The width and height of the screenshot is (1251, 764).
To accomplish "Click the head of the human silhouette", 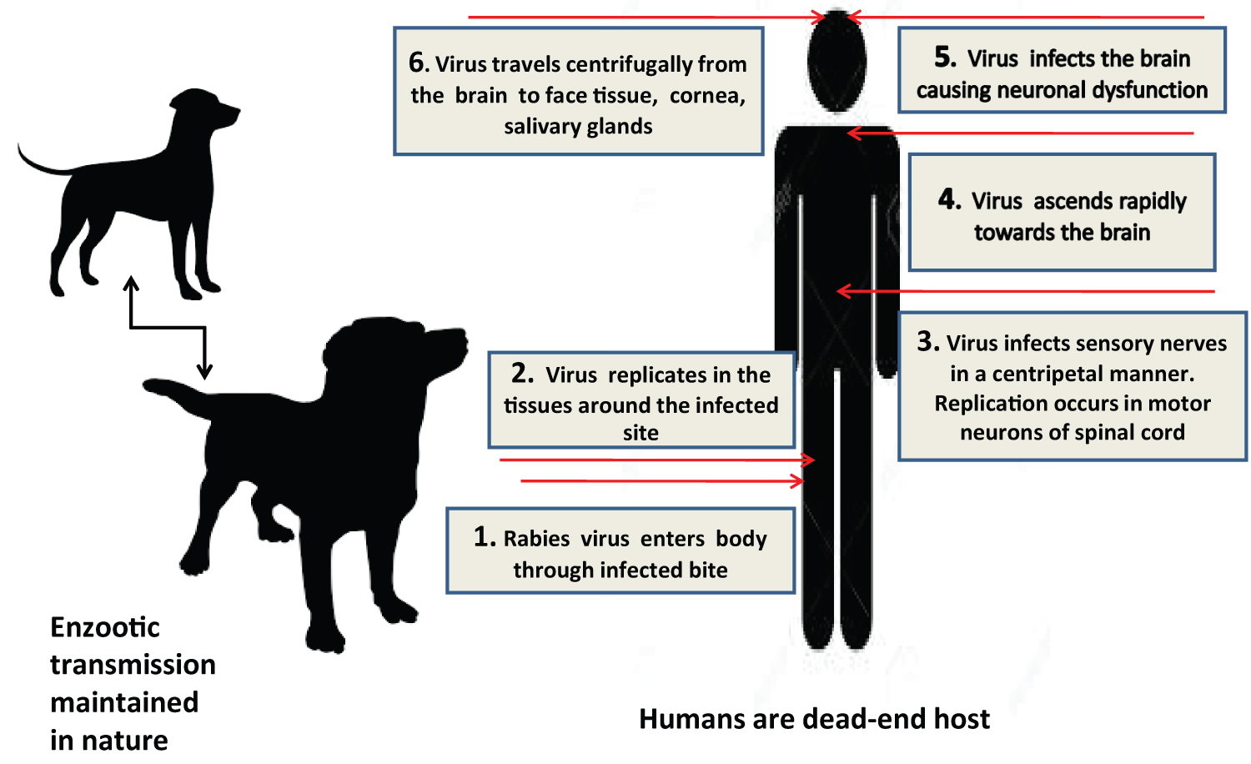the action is point(837,60).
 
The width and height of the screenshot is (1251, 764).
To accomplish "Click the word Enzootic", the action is point(105,627).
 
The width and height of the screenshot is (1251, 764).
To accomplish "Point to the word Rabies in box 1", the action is point(537,539).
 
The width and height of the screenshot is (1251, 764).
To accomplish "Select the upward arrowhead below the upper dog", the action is point(131,283).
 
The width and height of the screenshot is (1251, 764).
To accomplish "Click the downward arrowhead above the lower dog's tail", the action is point(204,371).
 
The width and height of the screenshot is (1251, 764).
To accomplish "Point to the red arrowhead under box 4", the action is point(843,291).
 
